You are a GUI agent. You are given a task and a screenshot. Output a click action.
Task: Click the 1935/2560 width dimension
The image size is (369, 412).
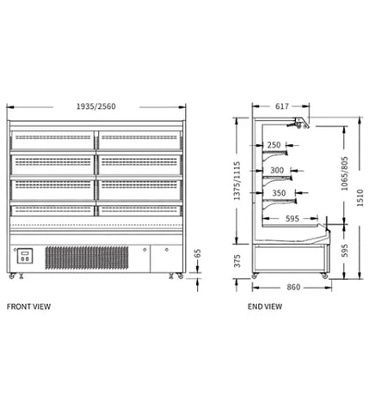[96, 106]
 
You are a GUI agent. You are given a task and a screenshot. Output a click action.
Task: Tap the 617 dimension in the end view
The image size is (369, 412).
[282, 106]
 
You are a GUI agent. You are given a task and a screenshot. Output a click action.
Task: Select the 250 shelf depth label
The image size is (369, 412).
[274, 145]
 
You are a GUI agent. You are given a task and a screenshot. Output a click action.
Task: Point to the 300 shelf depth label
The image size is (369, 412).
[277, 170]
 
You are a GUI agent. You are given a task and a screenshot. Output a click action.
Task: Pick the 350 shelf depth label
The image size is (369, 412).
[279, 193]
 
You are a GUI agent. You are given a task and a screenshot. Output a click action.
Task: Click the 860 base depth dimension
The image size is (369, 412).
[293, 287]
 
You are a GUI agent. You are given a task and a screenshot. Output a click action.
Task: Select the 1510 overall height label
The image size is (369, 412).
[360, 197]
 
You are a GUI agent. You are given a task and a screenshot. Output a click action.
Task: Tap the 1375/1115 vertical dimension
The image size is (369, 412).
[237, 181]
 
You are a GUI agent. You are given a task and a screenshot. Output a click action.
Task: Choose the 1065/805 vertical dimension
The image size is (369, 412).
[344, 173]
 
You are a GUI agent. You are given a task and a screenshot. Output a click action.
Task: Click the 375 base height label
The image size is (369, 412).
[237, 261]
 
